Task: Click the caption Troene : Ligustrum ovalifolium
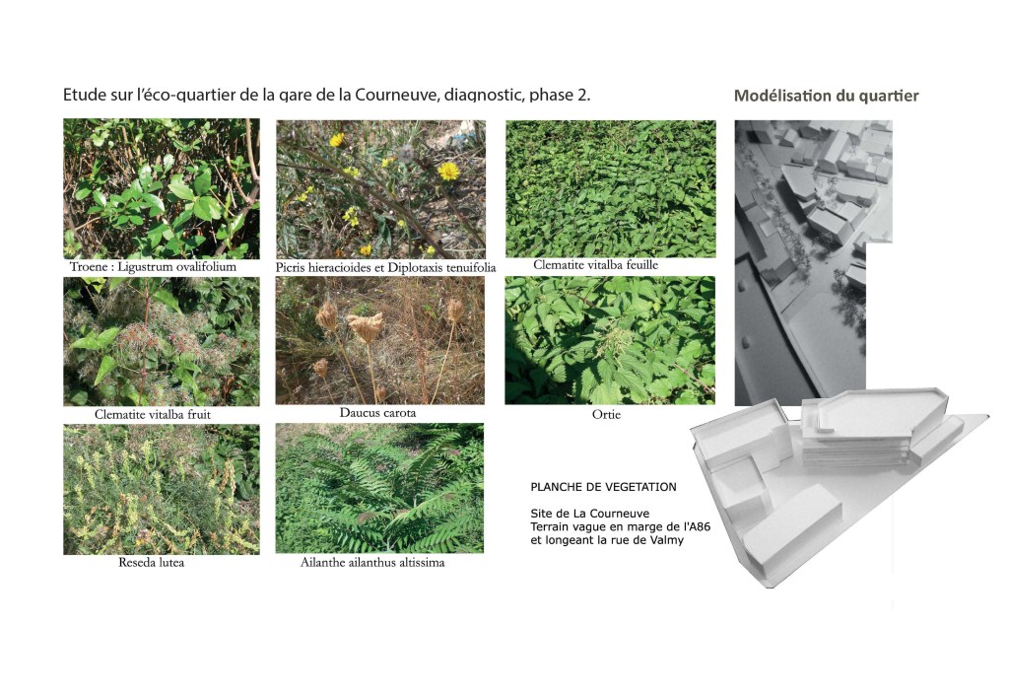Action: [x=153, y=266]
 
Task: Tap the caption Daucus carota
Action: [x=377, y=413]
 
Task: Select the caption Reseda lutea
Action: [x=151, y=562]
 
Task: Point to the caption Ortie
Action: [x=606, y=414]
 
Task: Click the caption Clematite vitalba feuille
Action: [x=596, y=265]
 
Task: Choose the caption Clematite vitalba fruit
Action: [x=153, y=414]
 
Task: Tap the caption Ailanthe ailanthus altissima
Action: [x=372, y=562]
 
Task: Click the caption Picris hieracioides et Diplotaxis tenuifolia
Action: [x=385, y=267]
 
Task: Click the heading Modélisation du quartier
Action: [x=827, y=96]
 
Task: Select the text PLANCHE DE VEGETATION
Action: [x=604, y=488]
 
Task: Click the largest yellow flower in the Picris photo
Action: [x=448, y=172]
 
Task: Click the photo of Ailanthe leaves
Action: [x=379, y=488]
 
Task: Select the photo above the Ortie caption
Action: [x=610, y=341]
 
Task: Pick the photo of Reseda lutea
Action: [x=162, y=490]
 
